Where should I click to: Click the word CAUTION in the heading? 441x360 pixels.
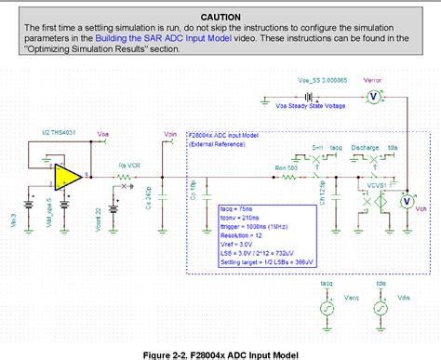click(220, 18)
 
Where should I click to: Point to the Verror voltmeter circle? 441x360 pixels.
click(368, 97)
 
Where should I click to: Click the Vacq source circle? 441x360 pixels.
click(327, 309)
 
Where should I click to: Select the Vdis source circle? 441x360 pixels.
click(381, 309)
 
